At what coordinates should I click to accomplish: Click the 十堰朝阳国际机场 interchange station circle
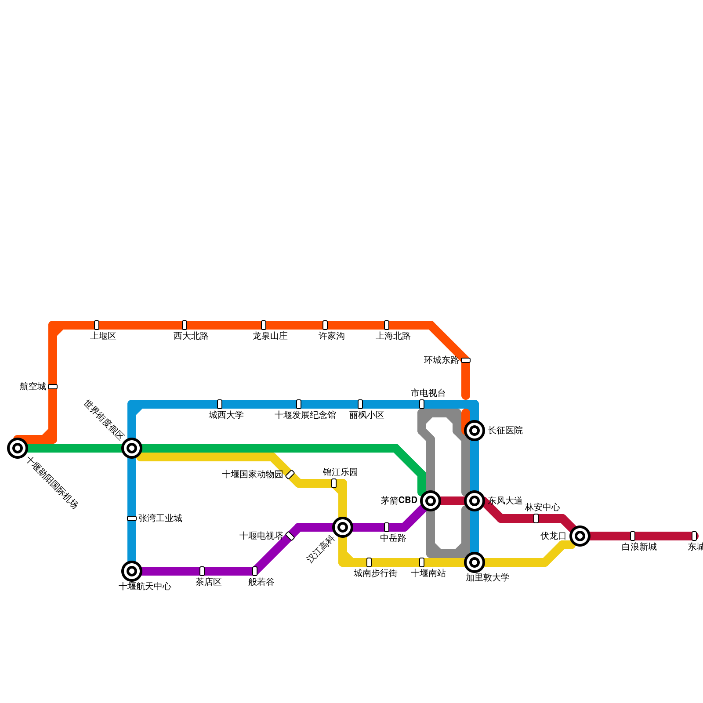[x=18, y=448]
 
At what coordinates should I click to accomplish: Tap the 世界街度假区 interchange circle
[x=132, y=448]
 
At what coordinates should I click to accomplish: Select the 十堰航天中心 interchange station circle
[x=132, y=571]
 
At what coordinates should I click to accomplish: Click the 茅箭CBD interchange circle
[x=431, y=501]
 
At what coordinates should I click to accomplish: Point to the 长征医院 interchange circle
[x=475, y=431]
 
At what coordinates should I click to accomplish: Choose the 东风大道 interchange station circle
[x=475, y=501]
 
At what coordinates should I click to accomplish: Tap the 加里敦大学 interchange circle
[x=475, y=562]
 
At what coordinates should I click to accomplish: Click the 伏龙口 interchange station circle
[x=580, y=536]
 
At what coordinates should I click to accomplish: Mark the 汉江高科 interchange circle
[x=343, y=527]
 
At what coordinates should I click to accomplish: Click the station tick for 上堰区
[x=97, y=325]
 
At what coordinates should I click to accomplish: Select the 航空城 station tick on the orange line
[x=53, y=387]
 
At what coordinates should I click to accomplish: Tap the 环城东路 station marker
[x=466, y=360]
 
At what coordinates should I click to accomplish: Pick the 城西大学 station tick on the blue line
[x=220, y=404]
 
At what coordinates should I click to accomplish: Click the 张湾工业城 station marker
[x=132, y=518]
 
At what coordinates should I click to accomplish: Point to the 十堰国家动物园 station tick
[x=290, y=475]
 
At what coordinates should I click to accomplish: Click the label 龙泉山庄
[x=270, y=336]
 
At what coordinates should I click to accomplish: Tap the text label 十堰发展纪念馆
[x=305, y=415]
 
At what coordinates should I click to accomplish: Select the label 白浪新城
[x=639, y=547]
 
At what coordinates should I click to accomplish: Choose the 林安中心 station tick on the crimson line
[x=536, y=518]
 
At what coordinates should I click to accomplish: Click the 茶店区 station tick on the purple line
[x=202, y=571]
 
